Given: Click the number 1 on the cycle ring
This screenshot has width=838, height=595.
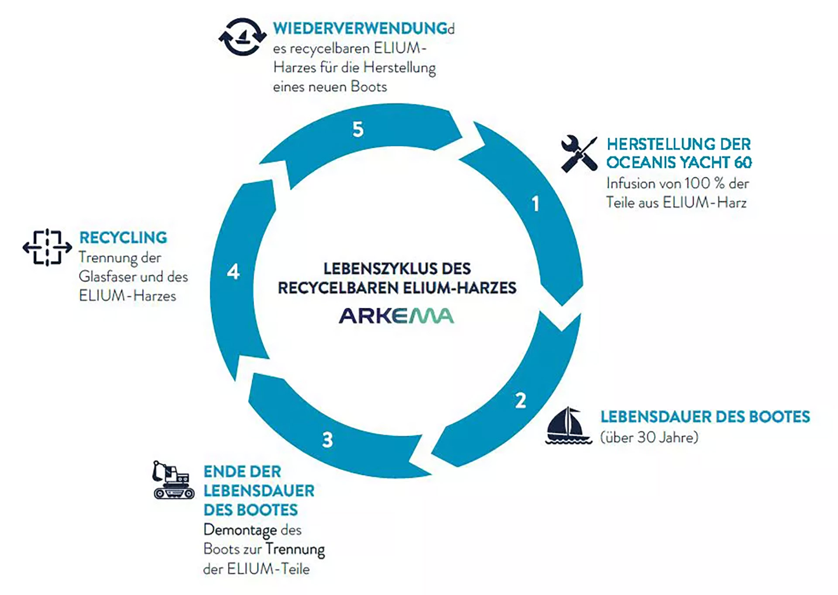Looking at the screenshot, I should pos(536,204).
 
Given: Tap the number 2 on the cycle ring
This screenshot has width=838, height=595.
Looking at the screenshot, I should pos(520,401).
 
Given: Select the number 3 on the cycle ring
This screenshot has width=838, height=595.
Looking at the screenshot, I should pos(327,440).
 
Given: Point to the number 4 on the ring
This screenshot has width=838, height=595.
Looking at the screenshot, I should pos(233,272).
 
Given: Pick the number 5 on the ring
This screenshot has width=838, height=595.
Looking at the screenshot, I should pos(358,130).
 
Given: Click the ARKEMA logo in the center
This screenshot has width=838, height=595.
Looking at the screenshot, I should pos(396,316).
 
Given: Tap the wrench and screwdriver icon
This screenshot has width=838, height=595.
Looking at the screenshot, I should pos(579,154).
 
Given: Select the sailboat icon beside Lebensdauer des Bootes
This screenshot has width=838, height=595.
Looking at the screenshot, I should pos(568,426).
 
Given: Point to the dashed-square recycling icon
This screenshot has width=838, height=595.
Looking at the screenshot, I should pos(47,247).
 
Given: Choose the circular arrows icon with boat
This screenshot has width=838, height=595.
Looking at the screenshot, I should pos(242,37).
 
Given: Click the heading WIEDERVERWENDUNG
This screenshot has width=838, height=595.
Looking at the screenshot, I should pos(360,29).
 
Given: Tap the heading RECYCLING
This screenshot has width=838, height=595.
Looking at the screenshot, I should pos(123,238).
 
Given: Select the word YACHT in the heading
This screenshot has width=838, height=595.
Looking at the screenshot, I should pos(704,163).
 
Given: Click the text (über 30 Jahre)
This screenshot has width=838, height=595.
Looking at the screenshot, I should pos(649,437).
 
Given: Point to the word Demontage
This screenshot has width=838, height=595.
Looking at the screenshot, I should pos(240,530).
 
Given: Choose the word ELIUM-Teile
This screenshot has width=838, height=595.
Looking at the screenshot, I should pos(268,569).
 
